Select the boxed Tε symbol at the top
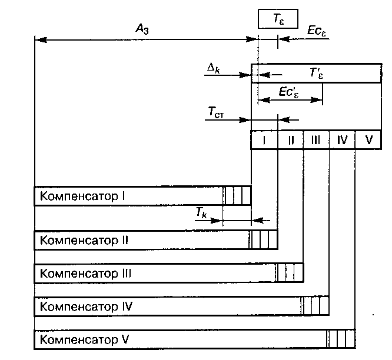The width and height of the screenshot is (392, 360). (x=278, y=19)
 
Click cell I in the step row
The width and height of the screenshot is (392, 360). (x=264, y=140)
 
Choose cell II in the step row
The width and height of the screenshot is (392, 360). (x=290, y=140)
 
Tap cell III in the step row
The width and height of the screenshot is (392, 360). (x=316, y=140)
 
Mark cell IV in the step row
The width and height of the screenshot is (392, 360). (x=343, y=140)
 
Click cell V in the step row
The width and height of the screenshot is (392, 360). (x=368, y=140)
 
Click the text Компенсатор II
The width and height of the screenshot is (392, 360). (x=83, y=240)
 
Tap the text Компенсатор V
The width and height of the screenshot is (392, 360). (x=84, y=340)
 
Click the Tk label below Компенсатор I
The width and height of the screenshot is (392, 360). (x=201, y=214)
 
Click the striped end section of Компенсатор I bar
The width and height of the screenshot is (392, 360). (x=237, y=195)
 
